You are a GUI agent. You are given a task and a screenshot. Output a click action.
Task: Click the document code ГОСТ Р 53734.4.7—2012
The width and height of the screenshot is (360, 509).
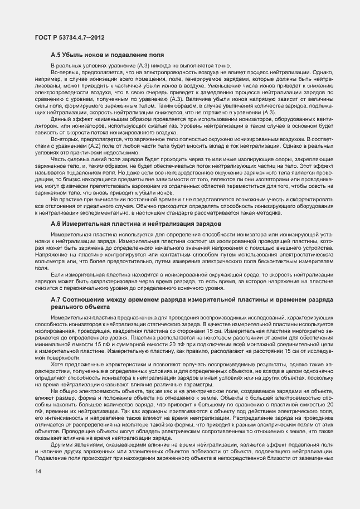66,37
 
